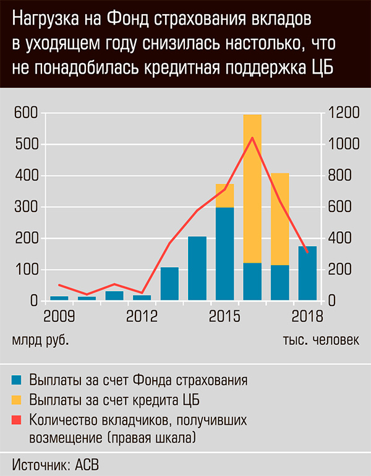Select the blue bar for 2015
[x=224, y=254]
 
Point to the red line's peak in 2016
[x=252, y=138]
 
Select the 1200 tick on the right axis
[x=342, y=113]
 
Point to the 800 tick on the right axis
[x=339, y=176]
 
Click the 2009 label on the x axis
[x=59, y=317]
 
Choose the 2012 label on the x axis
[x=142, y=317]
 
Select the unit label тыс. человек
[x=320, y=341]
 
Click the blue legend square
[x=17, y=380]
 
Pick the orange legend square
[x=17, y=399]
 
